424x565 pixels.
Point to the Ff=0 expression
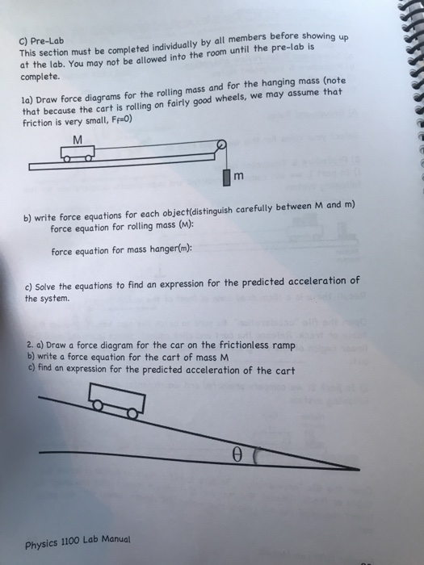pos(116,118)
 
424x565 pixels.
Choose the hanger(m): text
pos(167,250)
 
